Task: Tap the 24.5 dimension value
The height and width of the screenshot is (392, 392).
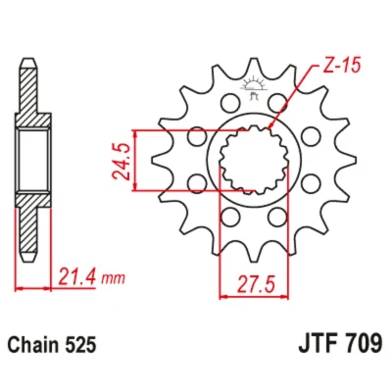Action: [x=121, y=162]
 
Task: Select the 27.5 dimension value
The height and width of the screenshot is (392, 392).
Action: [x=256, y=284]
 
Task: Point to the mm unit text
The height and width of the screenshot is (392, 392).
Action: [x=113, y=278]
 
